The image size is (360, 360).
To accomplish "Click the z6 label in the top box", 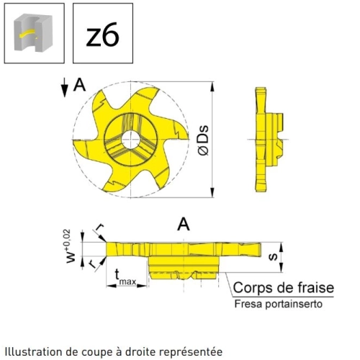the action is click(x=102, y=35).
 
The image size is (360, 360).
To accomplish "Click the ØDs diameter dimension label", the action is click(x=204, y=140).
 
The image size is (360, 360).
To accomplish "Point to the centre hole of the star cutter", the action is click(x=130, y=140).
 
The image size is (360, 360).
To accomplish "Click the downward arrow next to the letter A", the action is click(x=64, y=88).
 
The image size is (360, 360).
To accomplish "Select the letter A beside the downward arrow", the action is click(x=79, y=85).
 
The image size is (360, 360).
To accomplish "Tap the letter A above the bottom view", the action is click(x=184, y=225).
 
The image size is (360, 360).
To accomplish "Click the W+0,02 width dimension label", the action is click(x=71, y=246).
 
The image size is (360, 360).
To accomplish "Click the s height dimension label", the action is click(x=273, y=257).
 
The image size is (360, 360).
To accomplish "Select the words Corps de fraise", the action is click(x=284, y=287).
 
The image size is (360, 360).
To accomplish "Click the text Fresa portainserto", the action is click(x=278, y=304).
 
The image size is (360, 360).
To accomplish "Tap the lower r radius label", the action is click(x=91, y=264).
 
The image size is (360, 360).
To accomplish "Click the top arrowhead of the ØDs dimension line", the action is click(x=212, y=86).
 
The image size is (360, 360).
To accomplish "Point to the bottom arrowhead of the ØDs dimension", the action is click(x=212, y=193).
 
